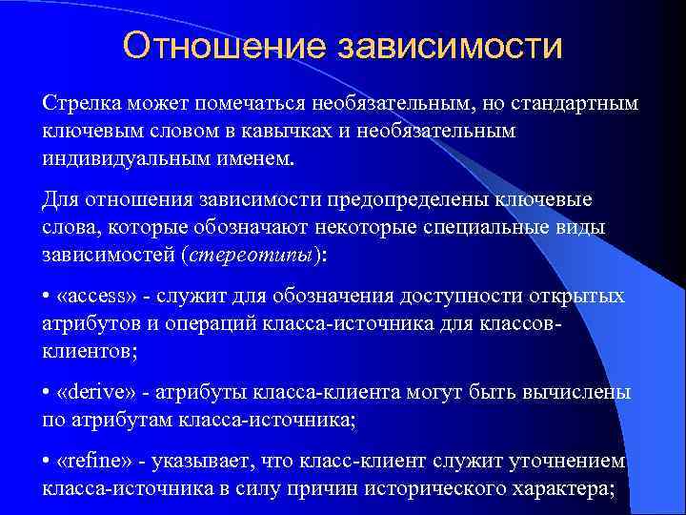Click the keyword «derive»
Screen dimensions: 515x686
(x=91, y=393)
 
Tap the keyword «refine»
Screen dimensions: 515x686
(x=91, y=462)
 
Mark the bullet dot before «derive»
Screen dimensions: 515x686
(x=47, y=393)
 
